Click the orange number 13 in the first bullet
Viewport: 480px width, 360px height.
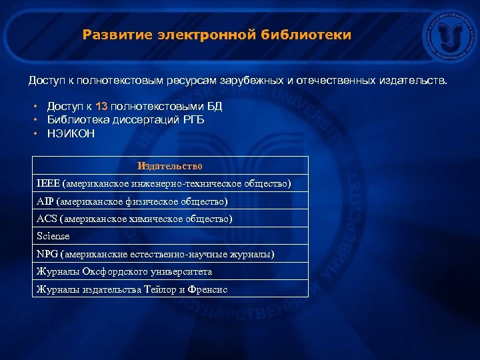click(101, 106)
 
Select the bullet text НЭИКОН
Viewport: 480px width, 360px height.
click(71, 133)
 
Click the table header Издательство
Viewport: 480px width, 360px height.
click(170, 165)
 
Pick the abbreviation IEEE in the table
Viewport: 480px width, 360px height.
click(48, 183)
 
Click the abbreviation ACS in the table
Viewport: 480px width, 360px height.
click(47, 219)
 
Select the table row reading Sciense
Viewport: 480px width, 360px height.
click(53, 236)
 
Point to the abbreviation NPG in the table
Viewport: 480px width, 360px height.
click(47, 254)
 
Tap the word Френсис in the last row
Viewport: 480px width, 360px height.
click(207, 289)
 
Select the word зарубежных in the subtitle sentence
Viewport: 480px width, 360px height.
click(255, 81)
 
